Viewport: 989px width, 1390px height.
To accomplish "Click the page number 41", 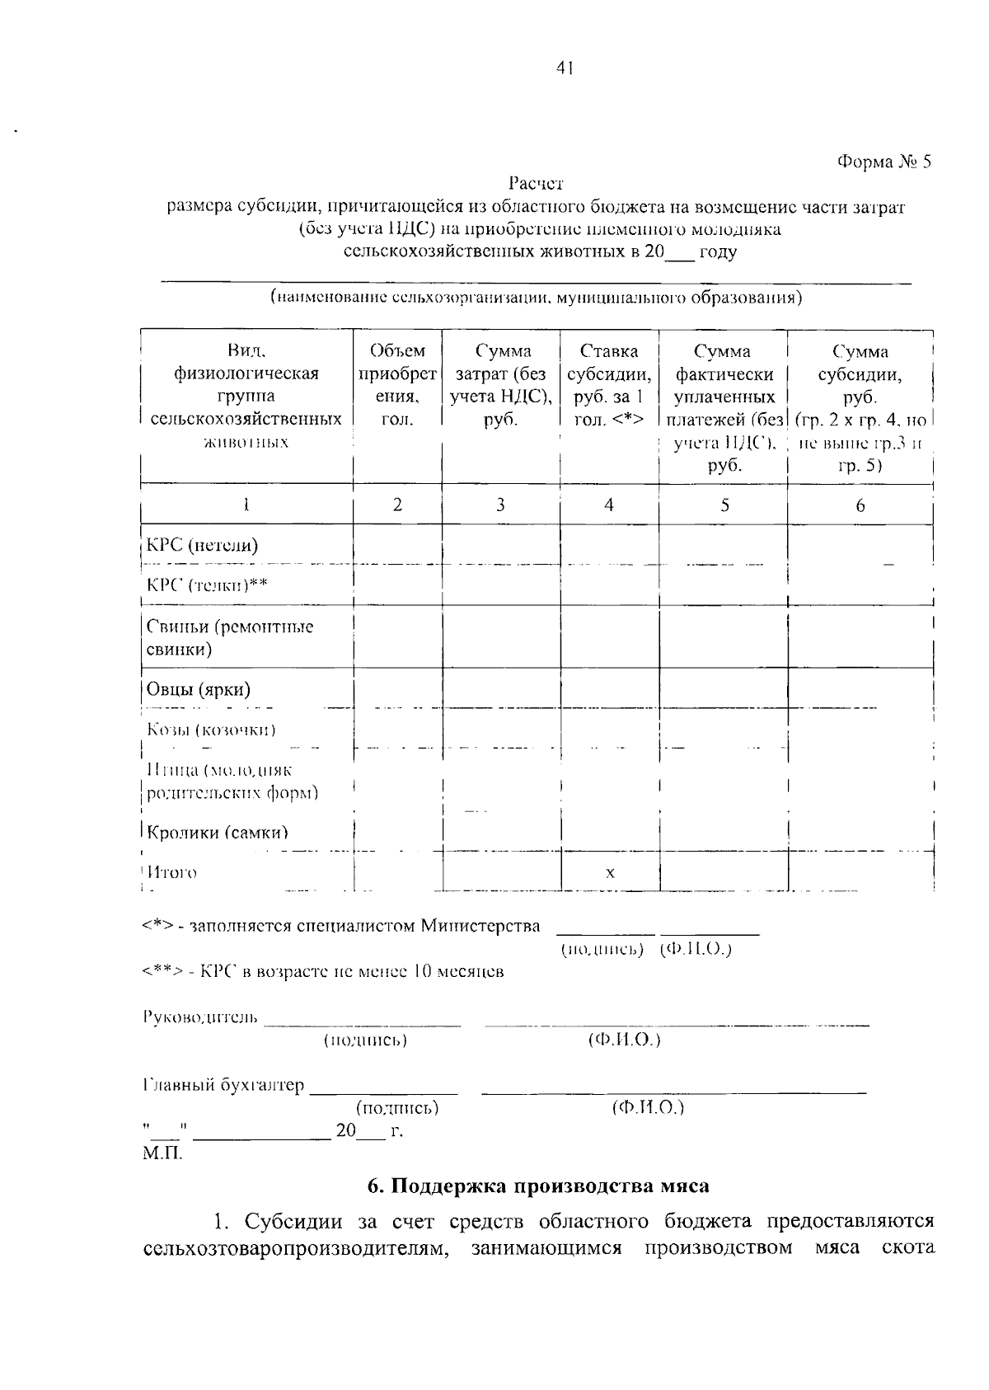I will (x=564, y=68).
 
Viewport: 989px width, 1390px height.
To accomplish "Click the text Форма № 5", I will (x=884, y=162).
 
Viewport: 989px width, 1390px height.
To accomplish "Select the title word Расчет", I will (x=536, y=184).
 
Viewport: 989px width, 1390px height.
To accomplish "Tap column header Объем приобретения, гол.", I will (x=397, y=385).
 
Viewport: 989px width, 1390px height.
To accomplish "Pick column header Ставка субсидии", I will (x=609, y=385).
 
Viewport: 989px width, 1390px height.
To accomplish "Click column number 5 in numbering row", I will (x=724, y=505).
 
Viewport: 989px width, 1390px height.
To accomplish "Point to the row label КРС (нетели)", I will (x=202, y=545).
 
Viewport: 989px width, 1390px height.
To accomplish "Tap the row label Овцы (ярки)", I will (x=199, y=689).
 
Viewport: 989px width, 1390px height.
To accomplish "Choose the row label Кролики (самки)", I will (x=218, y=833).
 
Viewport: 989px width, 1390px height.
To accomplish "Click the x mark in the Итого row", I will (x=610, y=872).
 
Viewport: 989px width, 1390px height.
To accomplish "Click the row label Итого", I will (x=172, y=872).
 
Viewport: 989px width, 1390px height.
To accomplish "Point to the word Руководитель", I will (x=200, y=1017).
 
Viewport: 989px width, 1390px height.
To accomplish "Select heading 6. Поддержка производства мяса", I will (x=538, y=1186).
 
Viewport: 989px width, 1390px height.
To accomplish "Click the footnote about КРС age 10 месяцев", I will (x=323, y=972).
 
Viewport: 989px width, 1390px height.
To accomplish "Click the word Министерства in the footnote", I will (x=480, y=926).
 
